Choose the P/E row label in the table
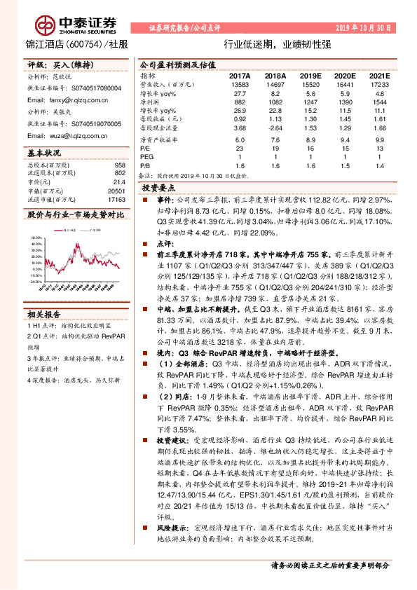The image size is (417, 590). [145, 148]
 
